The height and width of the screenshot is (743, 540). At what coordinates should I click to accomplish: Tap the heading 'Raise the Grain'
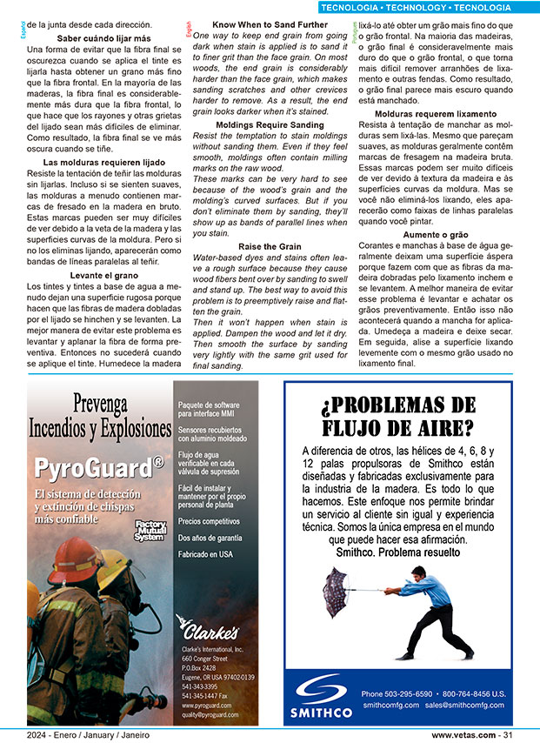270,247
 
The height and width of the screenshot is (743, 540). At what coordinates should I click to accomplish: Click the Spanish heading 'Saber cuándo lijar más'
98,38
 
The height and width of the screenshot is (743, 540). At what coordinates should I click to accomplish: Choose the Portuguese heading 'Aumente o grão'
435,235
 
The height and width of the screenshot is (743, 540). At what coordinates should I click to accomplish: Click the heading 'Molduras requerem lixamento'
435,114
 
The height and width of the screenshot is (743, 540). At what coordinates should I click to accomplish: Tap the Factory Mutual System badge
149,530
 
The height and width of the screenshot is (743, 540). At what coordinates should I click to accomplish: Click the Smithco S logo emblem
322,692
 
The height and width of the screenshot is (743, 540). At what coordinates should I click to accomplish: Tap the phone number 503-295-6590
409,693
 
